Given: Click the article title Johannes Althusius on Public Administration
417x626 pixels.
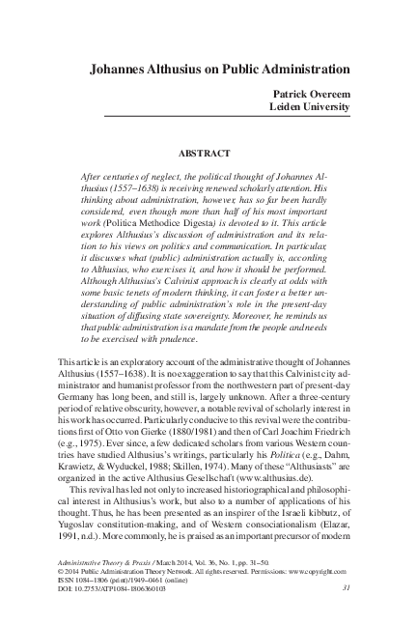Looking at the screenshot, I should [220, 71].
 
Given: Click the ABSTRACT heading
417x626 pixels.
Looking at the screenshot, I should [208, 153].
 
